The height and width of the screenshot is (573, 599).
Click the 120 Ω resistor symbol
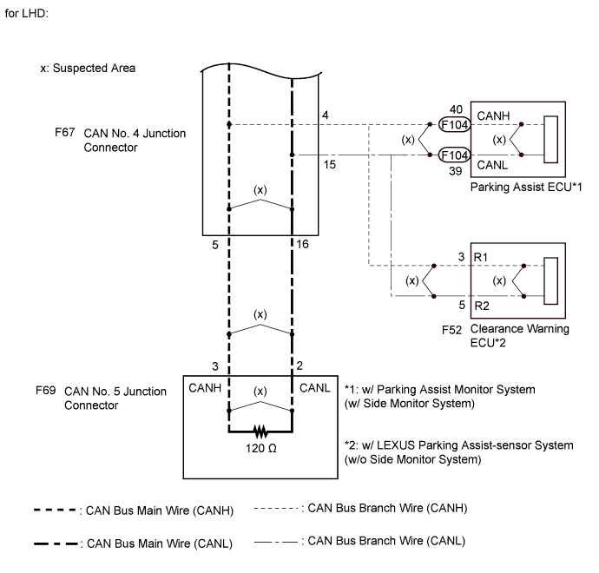click(259, 431)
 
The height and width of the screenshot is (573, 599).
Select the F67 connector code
click(65, 135)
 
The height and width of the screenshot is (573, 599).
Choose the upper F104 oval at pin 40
click(454, 125)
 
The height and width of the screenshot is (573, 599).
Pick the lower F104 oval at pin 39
click(454, 156)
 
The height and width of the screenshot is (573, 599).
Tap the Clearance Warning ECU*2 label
click(519, 336)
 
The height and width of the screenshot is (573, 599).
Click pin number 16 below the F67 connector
click(301, 246)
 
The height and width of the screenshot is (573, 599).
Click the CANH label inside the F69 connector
click(204, 387)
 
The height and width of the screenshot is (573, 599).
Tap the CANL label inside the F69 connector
click(314, 387)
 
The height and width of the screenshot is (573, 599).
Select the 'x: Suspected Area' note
click(87, 67)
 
